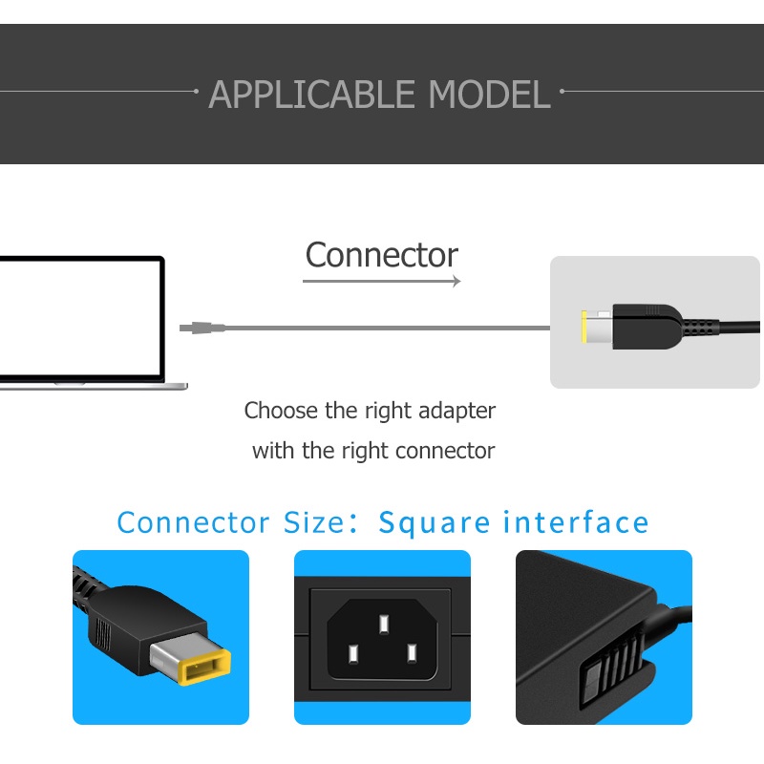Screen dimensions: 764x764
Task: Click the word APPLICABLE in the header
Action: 314,95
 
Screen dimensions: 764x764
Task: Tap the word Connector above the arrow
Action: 382,255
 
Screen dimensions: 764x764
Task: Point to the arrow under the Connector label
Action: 382,281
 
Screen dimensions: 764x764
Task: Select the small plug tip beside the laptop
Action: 202,328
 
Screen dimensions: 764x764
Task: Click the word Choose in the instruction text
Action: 282,412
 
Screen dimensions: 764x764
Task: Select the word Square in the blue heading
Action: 435,523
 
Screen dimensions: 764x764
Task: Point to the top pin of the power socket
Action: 383,625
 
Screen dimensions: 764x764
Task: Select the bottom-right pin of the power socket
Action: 413,654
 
